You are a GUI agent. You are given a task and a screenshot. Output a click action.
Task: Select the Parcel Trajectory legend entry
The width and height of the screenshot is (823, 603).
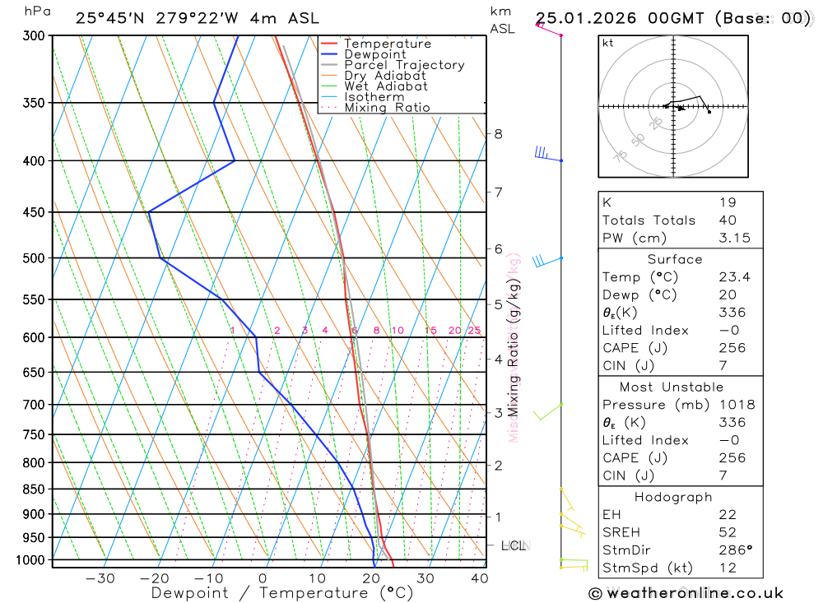[x=404, y=65]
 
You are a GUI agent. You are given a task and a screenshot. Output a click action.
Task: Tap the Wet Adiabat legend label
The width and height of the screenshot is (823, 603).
[x=386, y=86]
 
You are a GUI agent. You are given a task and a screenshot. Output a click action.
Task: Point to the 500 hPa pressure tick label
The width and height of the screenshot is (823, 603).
[x=34, y=258]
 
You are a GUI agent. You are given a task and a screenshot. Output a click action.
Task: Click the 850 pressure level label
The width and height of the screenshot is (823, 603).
[x=34, y=489]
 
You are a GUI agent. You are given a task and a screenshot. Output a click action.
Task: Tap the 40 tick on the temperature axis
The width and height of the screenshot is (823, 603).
[x=480, y=578]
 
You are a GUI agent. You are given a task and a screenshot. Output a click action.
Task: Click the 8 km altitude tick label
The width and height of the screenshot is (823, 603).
[x=498, y=133]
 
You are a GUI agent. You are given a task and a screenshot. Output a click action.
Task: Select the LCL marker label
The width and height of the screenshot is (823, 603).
[x=514, y=545]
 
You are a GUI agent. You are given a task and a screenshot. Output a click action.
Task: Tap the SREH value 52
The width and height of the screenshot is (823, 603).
[x=727, y=532]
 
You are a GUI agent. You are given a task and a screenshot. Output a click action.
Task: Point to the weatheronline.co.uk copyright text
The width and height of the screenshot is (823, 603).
[x=686, y=593]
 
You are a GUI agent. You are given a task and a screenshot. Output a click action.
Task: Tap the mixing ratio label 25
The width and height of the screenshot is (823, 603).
[x=474, y=331]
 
